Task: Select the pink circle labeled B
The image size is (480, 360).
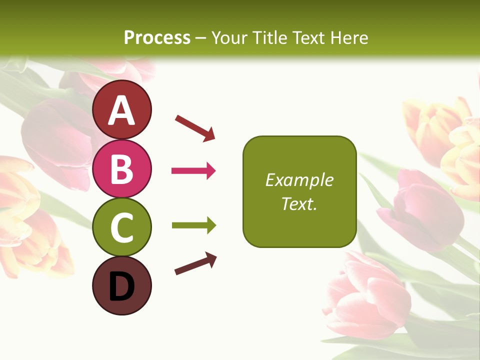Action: [x=122, y=169]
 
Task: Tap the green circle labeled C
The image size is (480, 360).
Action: [x=122, y=227]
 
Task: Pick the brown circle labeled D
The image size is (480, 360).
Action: [x=122, y=286]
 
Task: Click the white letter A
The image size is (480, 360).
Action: [x=122, y=110]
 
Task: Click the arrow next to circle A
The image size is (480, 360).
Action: [x=195, y=127]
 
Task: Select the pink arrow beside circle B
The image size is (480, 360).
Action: [x=193, y=171]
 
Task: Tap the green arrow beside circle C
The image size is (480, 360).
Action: [x=193, y=225]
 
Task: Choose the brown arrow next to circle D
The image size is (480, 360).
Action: [x=195, y=263]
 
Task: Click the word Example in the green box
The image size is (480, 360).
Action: [x=299, y=180]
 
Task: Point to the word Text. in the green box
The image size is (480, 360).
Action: [x=299, y=203]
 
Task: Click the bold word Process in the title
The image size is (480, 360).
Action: [x=157, y=37]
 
